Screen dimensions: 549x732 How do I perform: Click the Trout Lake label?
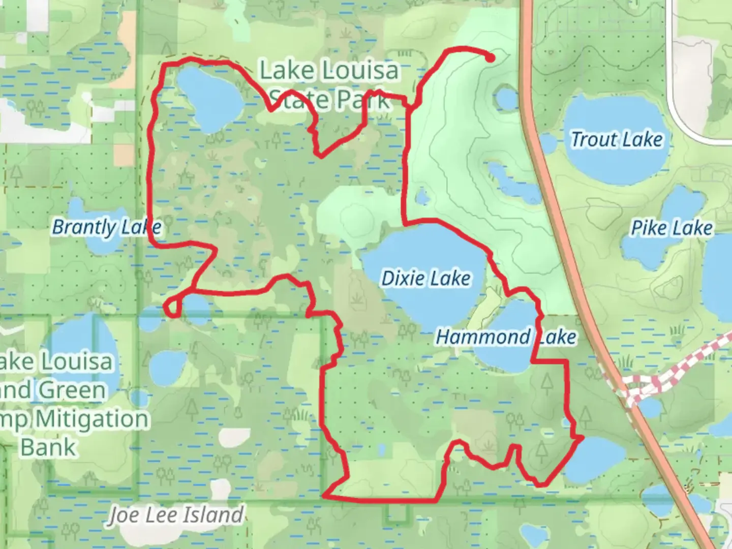coord(617,139)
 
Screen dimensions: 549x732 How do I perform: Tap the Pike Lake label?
coord(672,228)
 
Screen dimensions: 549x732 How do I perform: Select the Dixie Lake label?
coord(426,278)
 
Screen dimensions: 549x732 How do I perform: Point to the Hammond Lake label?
coord(506,337)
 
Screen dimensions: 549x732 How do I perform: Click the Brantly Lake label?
coord(107,227)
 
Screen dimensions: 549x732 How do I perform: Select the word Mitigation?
coord(91,419)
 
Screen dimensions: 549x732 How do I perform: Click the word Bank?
coord(48,447)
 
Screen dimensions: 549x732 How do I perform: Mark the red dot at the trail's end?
coord(490,58)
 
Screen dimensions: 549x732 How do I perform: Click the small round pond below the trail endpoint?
coord(506,98)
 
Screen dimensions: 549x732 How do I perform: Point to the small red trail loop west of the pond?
coord(172,307)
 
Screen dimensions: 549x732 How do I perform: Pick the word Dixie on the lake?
coord(403,278)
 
